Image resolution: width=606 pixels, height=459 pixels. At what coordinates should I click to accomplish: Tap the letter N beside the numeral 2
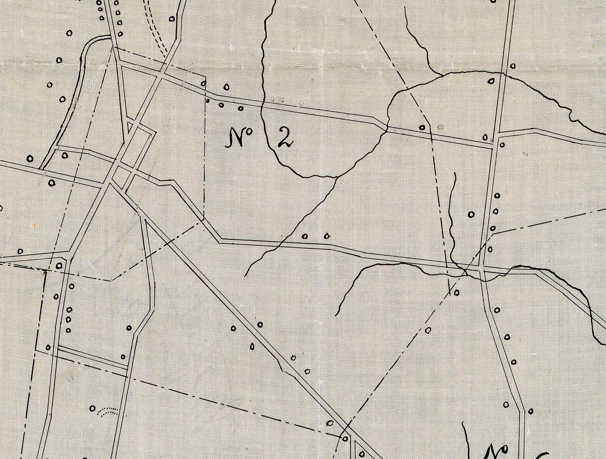[234, 137]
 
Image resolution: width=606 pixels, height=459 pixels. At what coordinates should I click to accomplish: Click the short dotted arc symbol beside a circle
[108, 411]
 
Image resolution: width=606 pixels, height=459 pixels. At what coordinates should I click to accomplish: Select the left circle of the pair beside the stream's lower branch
[305, 236]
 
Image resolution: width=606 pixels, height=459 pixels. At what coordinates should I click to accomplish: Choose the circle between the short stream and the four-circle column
[471, 214]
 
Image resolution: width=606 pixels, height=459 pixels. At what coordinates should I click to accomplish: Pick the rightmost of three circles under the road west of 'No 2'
[240, 108]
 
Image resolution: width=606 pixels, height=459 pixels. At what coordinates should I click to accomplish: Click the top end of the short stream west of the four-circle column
[455, 174]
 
